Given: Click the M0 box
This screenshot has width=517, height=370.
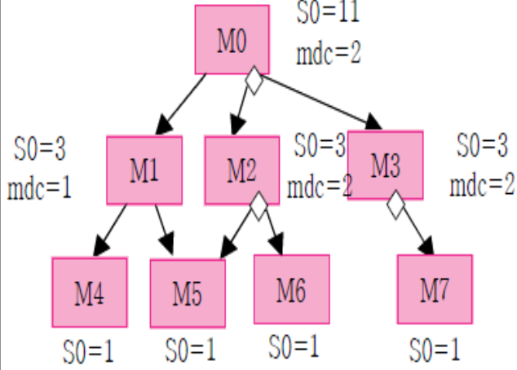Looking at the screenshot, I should [x=232, y=39].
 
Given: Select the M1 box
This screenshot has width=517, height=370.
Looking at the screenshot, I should [x=144, y=170].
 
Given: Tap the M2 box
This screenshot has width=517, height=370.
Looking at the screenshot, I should [x=241, y=170].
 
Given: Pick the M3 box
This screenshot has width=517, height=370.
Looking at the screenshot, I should [x=386, y=165].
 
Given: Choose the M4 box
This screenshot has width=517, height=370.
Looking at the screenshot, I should [x=90, y=292].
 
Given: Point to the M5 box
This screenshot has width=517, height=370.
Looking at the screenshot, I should [x=188, y=293].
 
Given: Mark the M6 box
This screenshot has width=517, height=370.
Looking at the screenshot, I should [x=291, y=289].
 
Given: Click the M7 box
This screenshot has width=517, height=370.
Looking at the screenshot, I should [x=435, y=289].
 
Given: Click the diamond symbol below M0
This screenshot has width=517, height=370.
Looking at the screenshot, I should [x=254, y=81].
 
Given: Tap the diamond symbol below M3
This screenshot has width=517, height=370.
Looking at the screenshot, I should [x=395, y=205].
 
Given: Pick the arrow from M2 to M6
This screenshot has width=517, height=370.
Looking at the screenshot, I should [x=272, y=232].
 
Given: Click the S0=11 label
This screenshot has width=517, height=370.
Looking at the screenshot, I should [x=326, y=13].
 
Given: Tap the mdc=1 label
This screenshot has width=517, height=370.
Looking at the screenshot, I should [x=39, y=188].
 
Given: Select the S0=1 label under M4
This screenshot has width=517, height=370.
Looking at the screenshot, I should [x=88, y=352].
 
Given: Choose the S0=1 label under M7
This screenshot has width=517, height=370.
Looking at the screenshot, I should [x=434, y=351].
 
